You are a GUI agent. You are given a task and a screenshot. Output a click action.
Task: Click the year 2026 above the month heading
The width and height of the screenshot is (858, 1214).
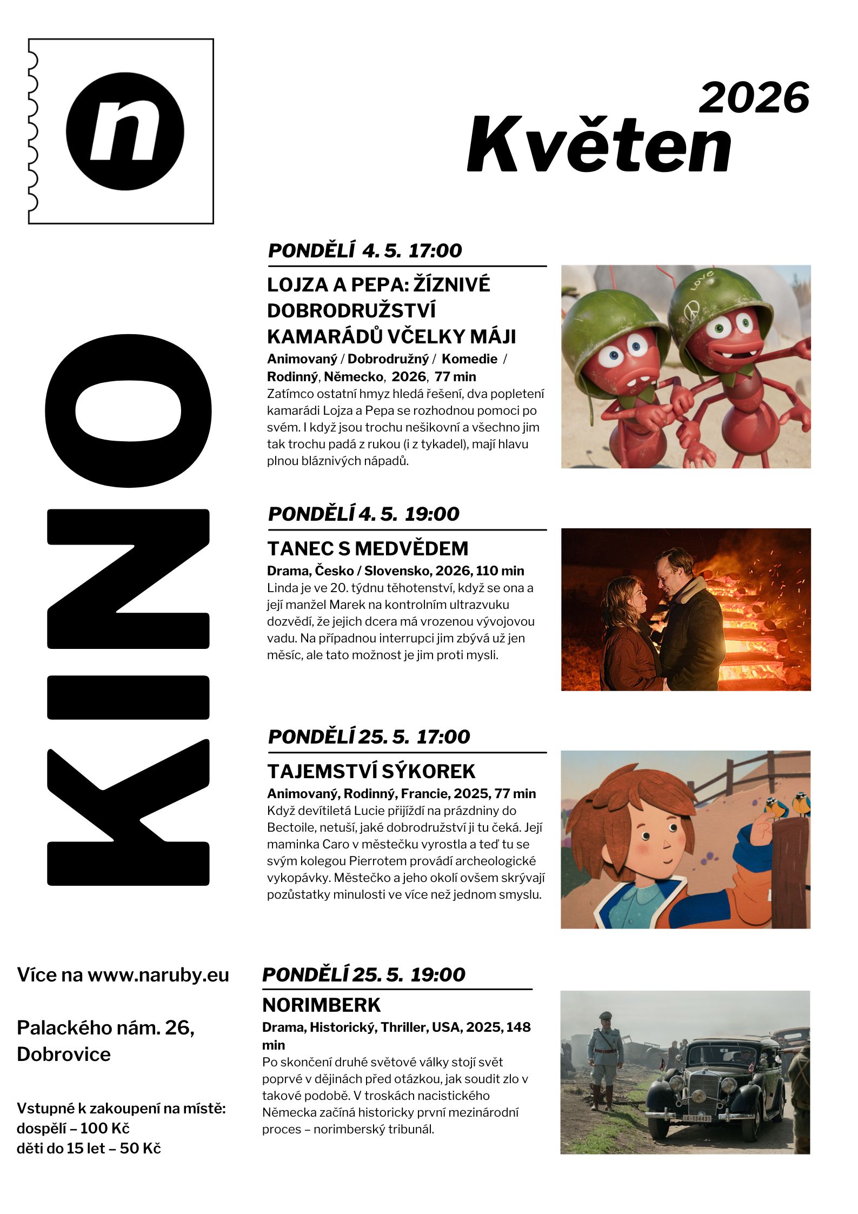click(754, 98)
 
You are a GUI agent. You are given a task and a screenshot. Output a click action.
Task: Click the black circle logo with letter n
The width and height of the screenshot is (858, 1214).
click(125, 131)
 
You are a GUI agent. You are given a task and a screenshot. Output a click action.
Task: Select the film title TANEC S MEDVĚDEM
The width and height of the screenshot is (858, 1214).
click(368, 548)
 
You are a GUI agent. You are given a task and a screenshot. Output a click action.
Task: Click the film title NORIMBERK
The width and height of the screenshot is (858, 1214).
click(321, 1005)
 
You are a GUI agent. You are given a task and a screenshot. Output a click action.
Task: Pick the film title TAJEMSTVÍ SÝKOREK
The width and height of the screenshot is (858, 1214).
click(371, 771)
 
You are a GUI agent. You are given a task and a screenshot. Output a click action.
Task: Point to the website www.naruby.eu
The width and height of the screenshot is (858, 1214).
click(158, 975)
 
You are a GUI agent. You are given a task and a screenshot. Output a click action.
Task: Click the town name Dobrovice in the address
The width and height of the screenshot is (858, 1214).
click(64, 1054)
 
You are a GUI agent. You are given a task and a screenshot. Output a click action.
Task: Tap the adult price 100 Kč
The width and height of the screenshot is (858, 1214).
click(105, 1128)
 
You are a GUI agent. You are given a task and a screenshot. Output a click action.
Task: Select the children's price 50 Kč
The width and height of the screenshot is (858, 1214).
click(141, 1148)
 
